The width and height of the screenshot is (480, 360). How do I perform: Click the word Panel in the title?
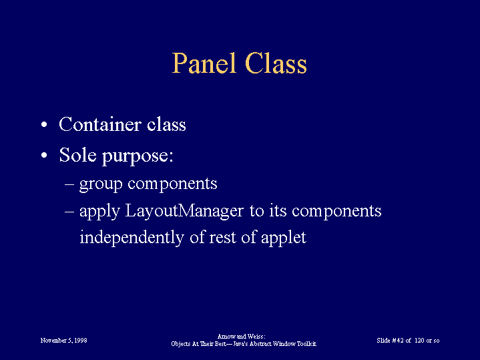[204, 63]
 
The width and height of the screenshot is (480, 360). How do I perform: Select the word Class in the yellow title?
[276, 63]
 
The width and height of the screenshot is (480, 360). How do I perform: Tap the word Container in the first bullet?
[100, 124]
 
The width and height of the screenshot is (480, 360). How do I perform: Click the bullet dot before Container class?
[44, 125]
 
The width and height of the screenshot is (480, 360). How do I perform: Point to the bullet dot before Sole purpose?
[44, 156]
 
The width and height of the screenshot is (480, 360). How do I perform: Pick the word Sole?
[77, 155]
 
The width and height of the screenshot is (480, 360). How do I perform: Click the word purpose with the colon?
[138, 156]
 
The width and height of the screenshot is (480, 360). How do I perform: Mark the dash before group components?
[69, 185]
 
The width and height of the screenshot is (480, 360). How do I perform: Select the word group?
[101, 185]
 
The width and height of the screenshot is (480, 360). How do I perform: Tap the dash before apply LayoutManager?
[69, 212]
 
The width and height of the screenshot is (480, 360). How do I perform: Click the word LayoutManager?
[184, 212]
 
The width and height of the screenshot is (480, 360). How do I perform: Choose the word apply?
[99, 212]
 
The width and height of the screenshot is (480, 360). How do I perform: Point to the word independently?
[132, 238]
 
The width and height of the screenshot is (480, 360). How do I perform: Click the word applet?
[284, 238]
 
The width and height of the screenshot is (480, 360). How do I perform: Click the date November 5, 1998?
[63, 341]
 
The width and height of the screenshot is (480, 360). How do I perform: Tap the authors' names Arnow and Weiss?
[241, 337]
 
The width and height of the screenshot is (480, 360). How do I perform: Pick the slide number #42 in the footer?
[398, 341]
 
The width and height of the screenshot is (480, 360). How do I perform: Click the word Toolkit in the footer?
[306, 344]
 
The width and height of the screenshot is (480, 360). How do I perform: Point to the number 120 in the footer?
[419, 341]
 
